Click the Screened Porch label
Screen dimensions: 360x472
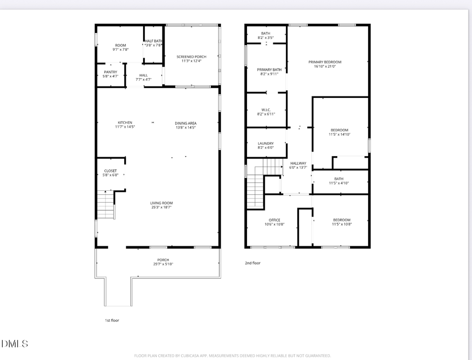point(191,57)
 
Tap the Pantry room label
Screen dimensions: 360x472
point(111,72)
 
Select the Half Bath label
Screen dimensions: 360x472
point(154,41)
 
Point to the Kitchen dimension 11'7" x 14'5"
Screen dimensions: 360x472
point(125,127)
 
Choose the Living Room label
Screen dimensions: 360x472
point(162,203)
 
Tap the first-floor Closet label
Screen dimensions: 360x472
point(111,171)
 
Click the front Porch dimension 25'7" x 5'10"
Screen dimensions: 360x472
point(163,264)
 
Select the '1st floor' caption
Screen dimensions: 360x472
point(112,320)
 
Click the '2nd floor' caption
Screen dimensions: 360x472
point(252,263)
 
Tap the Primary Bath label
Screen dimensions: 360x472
point(269,70)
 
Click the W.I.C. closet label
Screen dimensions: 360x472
point(266,110)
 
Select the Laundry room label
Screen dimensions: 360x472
point(266,144)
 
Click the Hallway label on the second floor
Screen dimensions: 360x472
point(298,163)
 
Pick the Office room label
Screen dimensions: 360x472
point(275,220)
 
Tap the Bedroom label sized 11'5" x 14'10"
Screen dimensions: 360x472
point(339,130)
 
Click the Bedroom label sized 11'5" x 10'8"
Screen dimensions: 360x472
point(341,220)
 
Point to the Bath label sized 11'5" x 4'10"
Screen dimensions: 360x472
point(339,179)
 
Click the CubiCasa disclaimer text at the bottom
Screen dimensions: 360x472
point(233,355)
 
